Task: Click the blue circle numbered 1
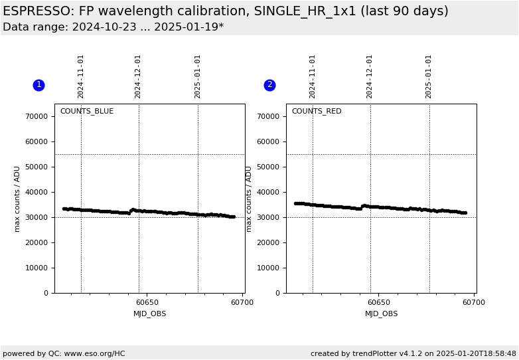[38, 85]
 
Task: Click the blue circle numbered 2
[269, 85]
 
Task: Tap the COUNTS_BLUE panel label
[86, 112]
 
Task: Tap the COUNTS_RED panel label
[316, 112]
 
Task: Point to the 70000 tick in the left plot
[37, 116]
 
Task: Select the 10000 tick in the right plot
[268, 268]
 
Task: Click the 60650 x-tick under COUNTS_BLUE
[147, 303]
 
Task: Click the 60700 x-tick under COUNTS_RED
[473, 303]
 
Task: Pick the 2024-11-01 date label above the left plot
[81, 76]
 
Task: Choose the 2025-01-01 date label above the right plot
[429, 76]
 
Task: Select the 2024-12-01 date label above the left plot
[138, 76]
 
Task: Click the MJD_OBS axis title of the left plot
[149, 314]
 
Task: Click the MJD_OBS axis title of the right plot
[381, 314]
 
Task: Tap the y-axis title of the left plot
[18, 199]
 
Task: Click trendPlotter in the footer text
[375, 354]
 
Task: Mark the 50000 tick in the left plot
[37, 167]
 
